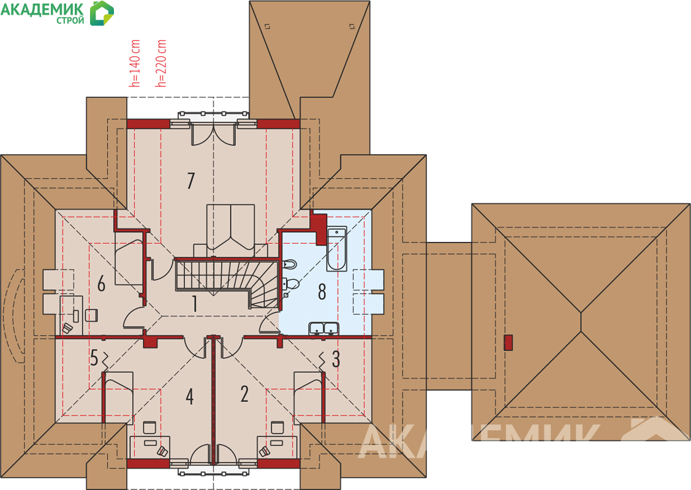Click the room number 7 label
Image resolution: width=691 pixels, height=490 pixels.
pyautogui.click(x=191, y=181)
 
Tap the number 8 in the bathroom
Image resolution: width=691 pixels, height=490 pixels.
pyautogui.click(x=322, y=292)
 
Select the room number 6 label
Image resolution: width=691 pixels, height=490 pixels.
pyautogui.click(x=101, y=284)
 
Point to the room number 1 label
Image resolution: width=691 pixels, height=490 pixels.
pyautogui.click(x=194, y=304)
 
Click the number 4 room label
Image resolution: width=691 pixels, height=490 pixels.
pyautogui.click(x=189, y=396)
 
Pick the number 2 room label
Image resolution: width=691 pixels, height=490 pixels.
pyautogui.click(x=244, y=393)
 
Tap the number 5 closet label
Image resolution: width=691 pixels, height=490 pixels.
pyautogui.click(x=94, y=358)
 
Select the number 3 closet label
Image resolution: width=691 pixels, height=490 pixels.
pyautogui.click(x=336, y=359)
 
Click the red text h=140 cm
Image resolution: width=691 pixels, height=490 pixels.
pyautogui.click(x=135, y=63)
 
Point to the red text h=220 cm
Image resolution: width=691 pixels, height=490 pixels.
pyautogui.click(x=161, y=63)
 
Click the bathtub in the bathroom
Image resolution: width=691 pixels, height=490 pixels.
pyautogui.click(x=337, y=249)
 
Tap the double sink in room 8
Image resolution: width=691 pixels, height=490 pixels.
pyautogui.click(x=324, y=328)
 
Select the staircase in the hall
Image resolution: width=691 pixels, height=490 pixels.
pyautogui.click(x=227, y=282)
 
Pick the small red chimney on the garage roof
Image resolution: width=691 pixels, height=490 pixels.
pyautogui.click(x=508, y=343)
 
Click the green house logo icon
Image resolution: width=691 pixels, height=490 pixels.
pyautogui.click(x=102, y=13)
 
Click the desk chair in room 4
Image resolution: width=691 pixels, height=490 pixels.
pyautogui.click(x=150, y=428)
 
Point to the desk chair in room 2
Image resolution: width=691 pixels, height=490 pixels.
pyautogui.click(x=277, y=428)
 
